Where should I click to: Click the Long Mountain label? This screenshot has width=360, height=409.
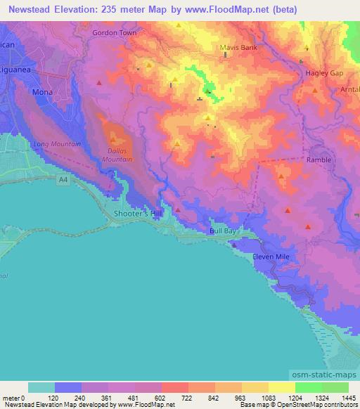point(57,144)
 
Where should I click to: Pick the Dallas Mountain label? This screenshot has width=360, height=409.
point(119,155)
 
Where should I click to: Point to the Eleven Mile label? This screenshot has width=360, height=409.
point(271,257)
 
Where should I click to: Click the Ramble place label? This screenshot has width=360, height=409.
point(319,160)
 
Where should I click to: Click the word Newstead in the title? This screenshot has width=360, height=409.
point(33,10)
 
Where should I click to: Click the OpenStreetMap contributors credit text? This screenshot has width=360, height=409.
point(321,405)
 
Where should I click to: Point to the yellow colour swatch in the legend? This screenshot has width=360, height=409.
point(281,387)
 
